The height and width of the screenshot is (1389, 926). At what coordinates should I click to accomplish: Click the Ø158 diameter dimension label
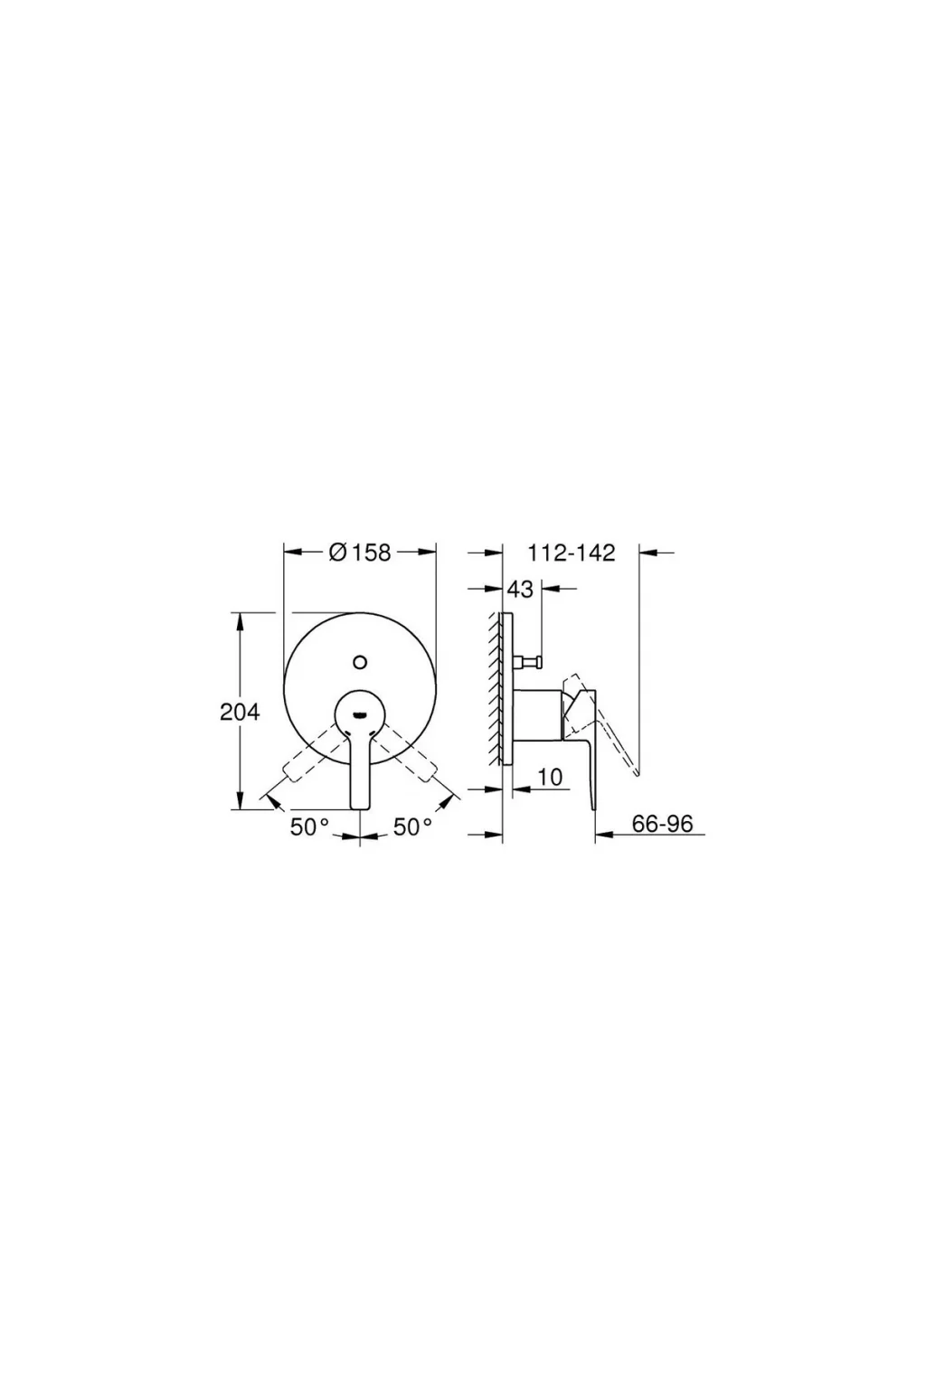coord(360,552)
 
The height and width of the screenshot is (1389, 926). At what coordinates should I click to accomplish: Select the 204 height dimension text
coord(240,713)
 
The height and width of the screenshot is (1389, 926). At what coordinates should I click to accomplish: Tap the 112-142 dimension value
coord(572,553)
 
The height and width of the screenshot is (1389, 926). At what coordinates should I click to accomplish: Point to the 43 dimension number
coord(520,589)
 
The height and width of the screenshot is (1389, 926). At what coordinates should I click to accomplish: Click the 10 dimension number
coord(550,777)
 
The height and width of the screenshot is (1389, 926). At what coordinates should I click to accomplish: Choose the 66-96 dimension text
coord(662,824)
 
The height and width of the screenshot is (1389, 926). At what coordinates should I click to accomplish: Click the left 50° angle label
coord(309,827)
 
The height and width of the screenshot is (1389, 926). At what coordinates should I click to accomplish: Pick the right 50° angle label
coord(412,827)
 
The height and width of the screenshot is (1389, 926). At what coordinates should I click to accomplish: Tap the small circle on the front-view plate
coord(360,662)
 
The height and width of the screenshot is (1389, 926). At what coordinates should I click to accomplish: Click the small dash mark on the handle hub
coord(360,713)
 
